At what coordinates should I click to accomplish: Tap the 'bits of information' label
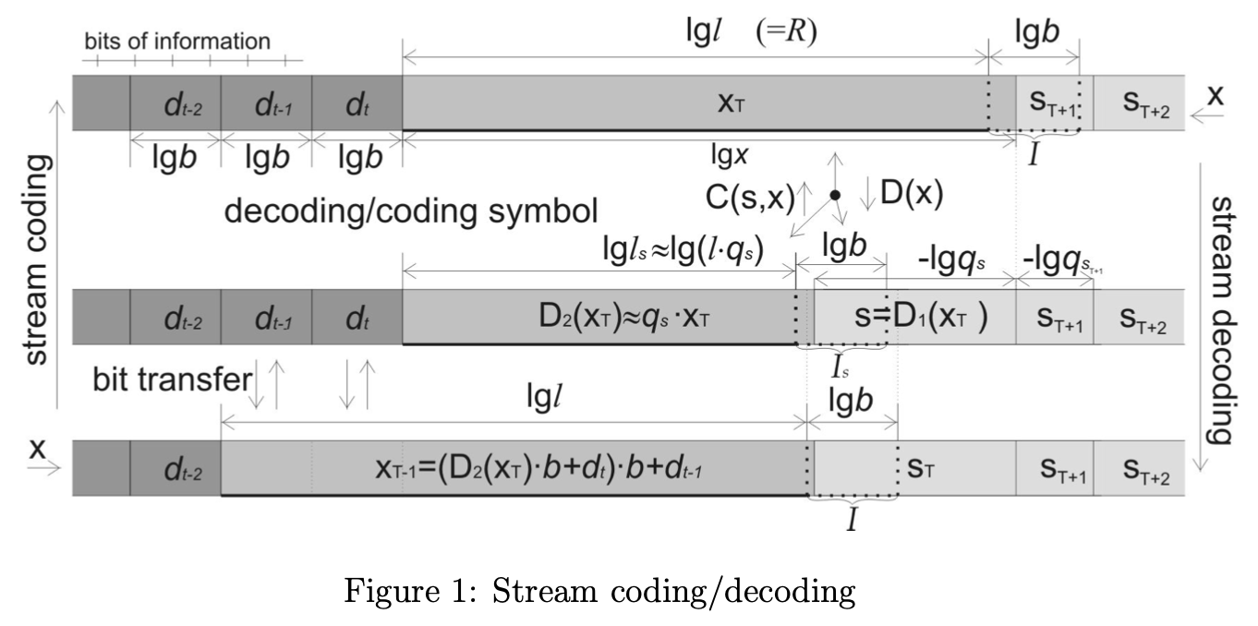pos(177,42)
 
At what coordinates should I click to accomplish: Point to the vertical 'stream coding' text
pos(37,259)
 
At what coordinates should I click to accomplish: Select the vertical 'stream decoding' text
pos(1220,319)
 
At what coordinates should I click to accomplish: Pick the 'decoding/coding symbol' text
pos(411,211)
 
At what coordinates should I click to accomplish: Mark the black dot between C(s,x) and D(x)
pos(834,196)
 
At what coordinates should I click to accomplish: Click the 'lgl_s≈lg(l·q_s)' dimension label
pos(681,250)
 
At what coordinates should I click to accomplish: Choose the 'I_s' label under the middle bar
pos(841,369)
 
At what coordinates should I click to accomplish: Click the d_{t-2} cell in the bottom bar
pos(175,470)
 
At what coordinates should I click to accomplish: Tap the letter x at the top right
pos(1217,99)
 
